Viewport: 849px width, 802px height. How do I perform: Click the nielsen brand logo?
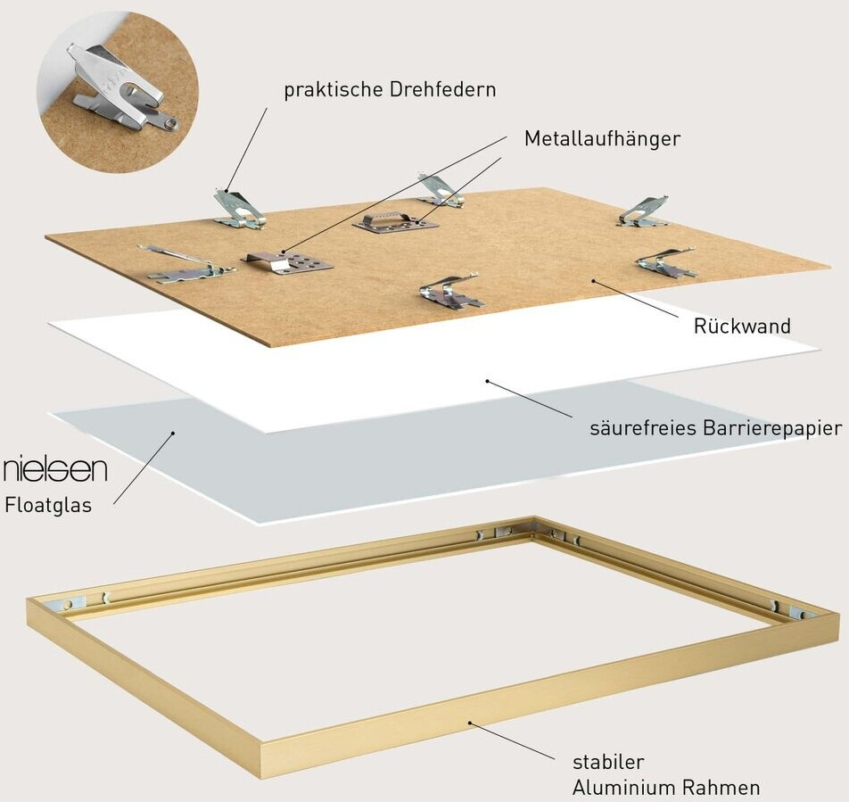[55, 468]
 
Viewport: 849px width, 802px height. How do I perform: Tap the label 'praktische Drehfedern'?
[390, 90]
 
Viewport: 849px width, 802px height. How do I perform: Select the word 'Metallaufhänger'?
[602, 139]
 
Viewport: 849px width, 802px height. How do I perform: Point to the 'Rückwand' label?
[742, 327]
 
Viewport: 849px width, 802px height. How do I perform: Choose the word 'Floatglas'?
[48, 505]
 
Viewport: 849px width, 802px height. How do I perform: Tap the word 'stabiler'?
[608, 762]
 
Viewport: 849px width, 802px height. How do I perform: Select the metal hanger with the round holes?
[287, 261]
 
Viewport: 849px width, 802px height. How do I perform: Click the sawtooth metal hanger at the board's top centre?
[395, 221]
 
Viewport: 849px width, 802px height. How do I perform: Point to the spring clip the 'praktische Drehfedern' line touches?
[238, 210]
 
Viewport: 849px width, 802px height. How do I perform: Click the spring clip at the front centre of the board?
[450, 292]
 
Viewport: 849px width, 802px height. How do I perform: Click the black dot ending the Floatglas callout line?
[174, 434]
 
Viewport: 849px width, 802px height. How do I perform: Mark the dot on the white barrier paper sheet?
[487, 381]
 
